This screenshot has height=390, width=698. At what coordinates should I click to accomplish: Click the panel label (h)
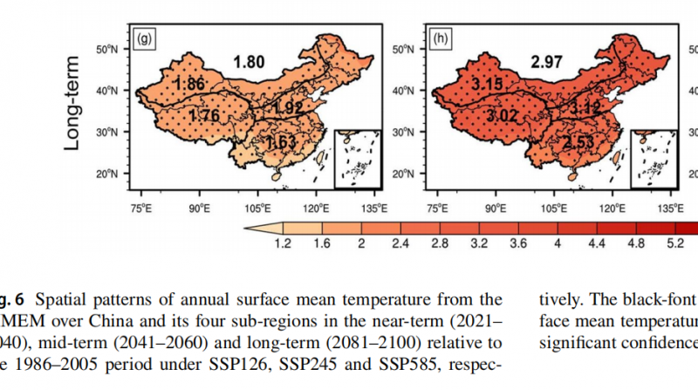[x=441, y=38]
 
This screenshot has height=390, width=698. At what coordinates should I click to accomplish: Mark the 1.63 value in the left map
[x=284, y=143]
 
